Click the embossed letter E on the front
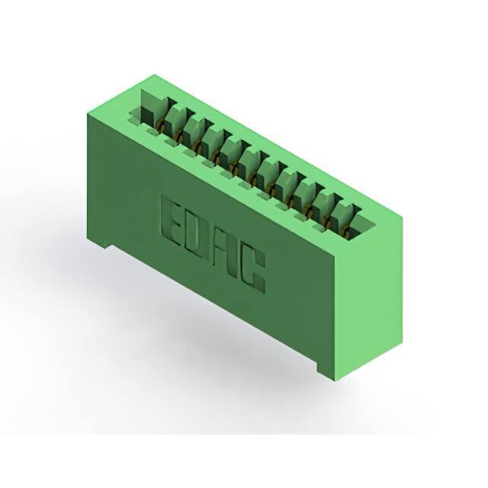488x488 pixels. pyautogui.click(x=172, y=222)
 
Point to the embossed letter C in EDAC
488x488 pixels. pyautogui.click(x=252, y=271)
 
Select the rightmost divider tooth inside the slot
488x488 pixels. pyautogui.click(x=344, y=216)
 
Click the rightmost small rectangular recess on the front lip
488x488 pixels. pyautogui.click(x=319, y=229)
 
